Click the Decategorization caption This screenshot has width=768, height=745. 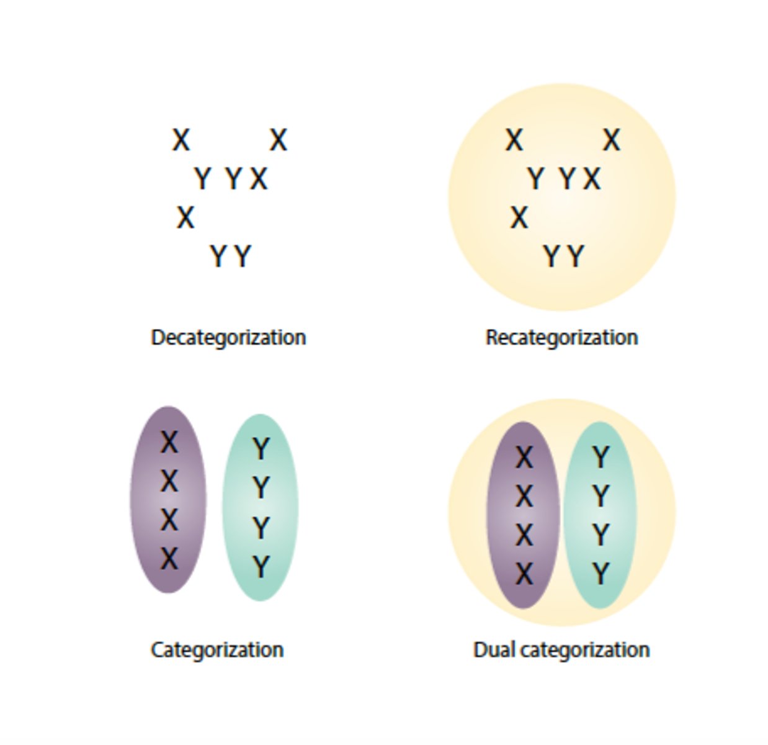coord(228,337)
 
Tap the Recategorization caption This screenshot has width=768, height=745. coord(561,337)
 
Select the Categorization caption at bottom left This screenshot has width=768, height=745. coord(217,649)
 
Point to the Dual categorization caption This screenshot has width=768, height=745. coord(561,649)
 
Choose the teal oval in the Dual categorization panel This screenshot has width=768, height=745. coord(617,515)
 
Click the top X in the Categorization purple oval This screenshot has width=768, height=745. coord(169,443)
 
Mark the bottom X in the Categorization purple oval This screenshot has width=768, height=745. coord(169,559)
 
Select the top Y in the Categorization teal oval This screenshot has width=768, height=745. coord(261,449)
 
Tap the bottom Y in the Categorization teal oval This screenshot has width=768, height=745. coord(261,567)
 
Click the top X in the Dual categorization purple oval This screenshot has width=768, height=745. coord(524,458)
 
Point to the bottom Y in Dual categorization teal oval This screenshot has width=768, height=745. coord(600,574)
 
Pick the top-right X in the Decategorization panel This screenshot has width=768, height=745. coord(278,140)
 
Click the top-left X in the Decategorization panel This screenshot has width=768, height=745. coord(181,140)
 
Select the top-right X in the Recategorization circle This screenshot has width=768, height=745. coord(611,140)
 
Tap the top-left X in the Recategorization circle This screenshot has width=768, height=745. coord(514,140)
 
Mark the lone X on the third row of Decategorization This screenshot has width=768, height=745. coord(185,217)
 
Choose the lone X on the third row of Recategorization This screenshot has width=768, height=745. coord(519,217)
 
